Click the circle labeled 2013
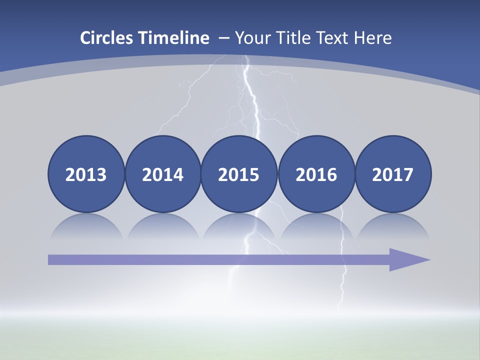click(86, 174)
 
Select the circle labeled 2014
click(162, 174)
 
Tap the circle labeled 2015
click(239, 174)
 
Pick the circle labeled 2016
click(316, 174)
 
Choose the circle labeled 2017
click(392, 174)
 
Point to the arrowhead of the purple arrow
click(407, 259)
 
